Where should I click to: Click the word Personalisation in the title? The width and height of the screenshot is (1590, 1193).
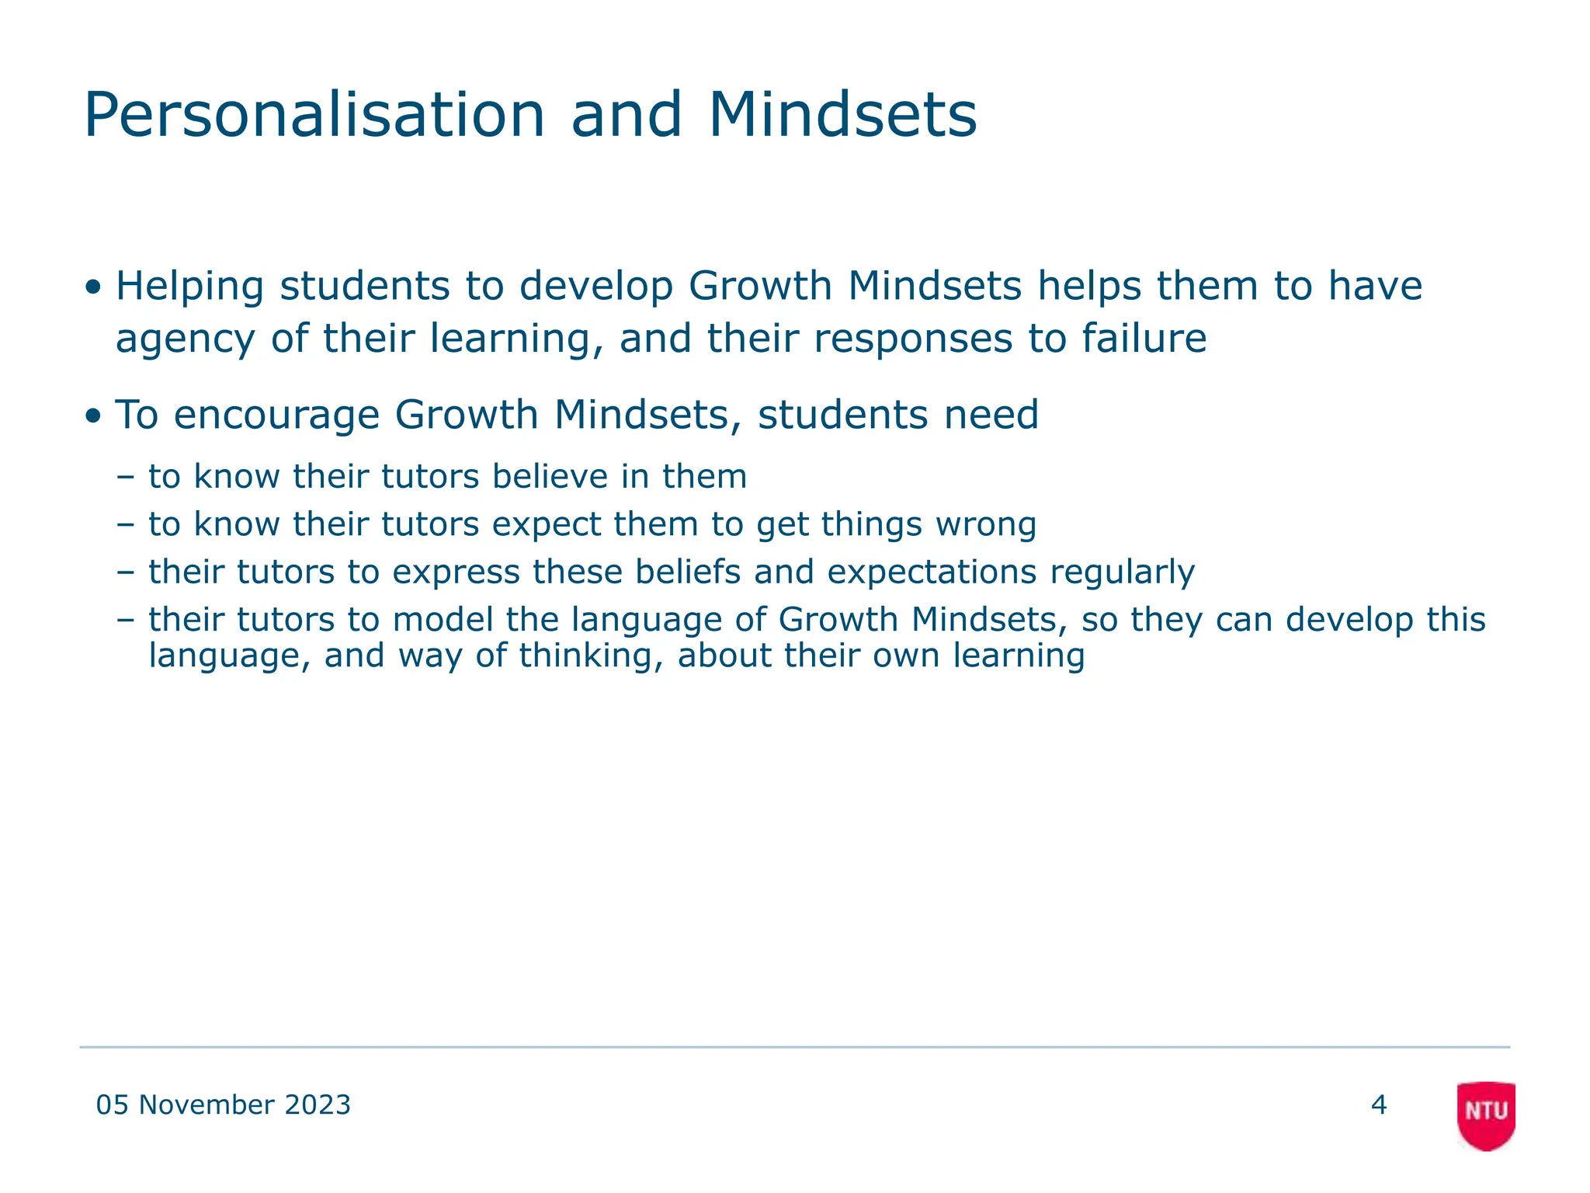[314, 116]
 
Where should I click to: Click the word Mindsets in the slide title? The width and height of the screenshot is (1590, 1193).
[842, 116]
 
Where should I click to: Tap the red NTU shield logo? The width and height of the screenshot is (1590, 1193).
[1486, 1114]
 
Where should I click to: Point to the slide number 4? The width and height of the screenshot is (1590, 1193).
[1379, 1104]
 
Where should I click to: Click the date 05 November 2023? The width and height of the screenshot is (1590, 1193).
[224, 1104]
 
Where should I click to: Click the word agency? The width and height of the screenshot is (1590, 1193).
[186, 339]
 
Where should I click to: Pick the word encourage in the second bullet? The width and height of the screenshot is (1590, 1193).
[276, 415]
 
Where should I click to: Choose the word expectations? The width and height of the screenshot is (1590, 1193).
[932, 572]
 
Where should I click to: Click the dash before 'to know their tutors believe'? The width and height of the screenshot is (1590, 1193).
[125, 477]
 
